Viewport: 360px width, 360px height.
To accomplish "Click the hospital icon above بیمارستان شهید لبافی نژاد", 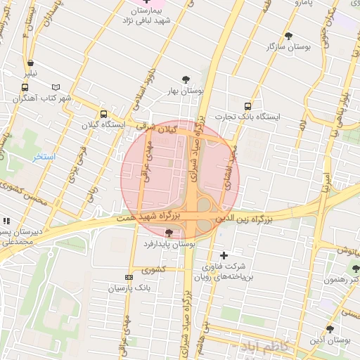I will (146, 2).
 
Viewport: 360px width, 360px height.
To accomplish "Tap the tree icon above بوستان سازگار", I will (288, 36).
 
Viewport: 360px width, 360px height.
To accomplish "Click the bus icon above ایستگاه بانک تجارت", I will (247, 105).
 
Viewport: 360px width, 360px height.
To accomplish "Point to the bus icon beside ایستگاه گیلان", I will (104, 114).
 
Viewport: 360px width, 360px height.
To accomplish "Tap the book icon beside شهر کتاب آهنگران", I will (55, 86).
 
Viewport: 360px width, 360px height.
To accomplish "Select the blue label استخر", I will (44, 155).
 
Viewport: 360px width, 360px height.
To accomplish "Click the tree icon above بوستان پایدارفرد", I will (168, 232).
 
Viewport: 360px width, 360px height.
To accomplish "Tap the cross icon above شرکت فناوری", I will (224, 255).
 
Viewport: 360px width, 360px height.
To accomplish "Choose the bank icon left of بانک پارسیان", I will (128, 278).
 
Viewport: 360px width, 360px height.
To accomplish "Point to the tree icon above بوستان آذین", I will (330, 329).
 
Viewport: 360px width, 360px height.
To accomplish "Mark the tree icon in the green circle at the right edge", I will (354, 268).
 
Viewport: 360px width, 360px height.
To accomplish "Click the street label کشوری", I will (153, 269).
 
